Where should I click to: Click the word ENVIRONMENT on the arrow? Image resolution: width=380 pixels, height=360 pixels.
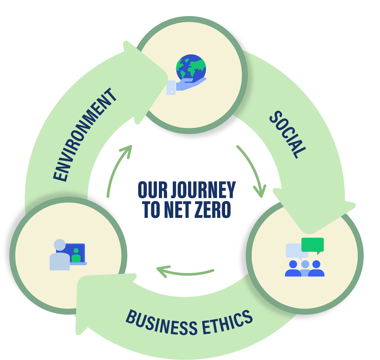point(85,135)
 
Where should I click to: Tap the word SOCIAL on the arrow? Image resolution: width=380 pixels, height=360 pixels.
point(288,134)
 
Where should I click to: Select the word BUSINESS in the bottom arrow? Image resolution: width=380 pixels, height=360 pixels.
point(161,323)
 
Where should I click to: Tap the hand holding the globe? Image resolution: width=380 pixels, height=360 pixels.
point(187,84)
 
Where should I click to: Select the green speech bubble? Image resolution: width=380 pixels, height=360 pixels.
point(313,245)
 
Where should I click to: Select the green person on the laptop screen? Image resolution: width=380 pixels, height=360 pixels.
point(76,255)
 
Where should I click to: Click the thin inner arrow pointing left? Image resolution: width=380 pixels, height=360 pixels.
point(185,272)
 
